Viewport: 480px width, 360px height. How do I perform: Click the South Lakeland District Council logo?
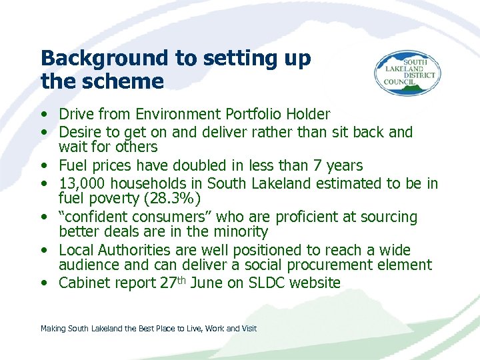tap(406, 74)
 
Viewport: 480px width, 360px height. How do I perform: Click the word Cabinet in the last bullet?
tap(84, 283)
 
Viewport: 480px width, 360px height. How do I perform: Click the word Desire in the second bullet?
tap(79, 132)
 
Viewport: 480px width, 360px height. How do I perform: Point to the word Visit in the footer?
tap(249, 328)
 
